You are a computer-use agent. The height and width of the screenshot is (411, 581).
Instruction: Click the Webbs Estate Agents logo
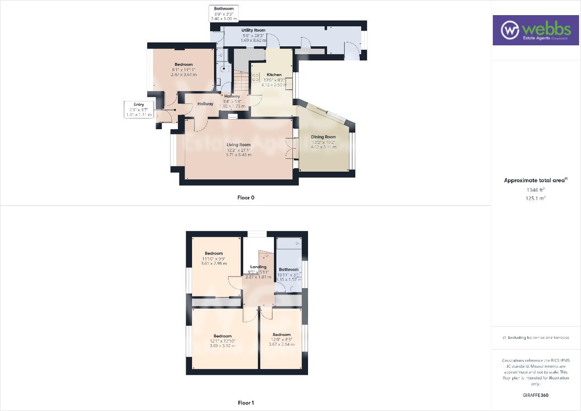click(x=535, y=30)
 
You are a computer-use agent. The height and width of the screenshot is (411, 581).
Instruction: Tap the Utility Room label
click(x=253, y=30)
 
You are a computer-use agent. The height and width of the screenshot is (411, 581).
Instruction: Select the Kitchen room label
click(x=273, y=75)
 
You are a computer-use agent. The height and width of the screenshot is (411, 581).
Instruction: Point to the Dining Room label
click(x=324, y=137)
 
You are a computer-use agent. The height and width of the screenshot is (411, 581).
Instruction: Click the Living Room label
click(x=238, y=144)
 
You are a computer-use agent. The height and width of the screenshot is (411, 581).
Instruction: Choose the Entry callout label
click(x=139, y=104)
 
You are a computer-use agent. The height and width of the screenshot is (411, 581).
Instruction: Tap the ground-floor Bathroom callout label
click(x=224, y=9)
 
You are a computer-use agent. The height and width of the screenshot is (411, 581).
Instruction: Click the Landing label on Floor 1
click(x=258, y=267)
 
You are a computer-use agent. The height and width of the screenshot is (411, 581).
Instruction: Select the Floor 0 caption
click(x=246, y=197)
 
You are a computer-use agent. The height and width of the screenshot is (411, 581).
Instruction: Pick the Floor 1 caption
click(x=246, y=403)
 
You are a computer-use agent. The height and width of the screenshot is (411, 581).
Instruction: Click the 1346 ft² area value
click(x=536, y=190)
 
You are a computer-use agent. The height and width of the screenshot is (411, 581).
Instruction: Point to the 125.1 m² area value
click(x=536, y=198)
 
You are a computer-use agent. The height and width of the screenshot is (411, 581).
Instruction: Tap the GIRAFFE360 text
click(x=536, y=395)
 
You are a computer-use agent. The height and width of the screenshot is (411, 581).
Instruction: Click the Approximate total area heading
click(x=536, y=180)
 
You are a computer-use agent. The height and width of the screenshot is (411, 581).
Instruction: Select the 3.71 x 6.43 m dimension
click(x=238, y=155)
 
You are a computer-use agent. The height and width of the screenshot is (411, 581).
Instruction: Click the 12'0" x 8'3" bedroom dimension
click(x=282, y=339)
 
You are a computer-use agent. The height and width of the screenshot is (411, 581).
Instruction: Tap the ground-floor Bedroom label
click(x=184, y=64)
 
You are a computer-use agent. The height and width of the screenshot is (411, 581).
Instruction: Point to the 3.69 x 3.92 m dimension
click(x=222, y=346)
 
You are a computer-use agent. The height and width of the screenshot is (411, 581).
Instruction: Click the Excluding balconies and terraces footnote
click(x=536, y=337)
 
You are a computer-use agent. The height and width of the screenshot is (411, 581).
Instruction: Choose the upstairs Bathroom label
click(x=289, y=269)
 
